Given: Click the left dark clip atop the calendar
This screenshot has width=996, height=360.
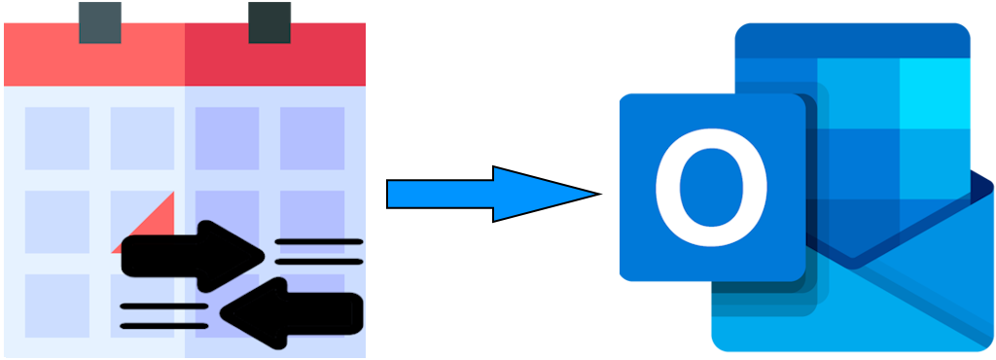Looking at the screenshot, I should coord(99,22).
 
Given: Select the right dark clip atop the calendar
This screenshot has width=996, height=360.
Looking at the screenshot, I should coord(269,22).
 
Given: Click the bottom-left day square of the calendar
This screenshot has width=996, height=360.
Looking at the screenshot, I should coord(56,304).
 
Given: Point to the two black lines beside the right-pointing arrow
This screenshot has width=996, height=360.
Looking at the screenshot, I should coord(319,251).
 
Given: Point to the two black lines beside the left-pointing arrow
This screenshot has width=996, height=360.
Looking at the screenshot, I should coord(163,313).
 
